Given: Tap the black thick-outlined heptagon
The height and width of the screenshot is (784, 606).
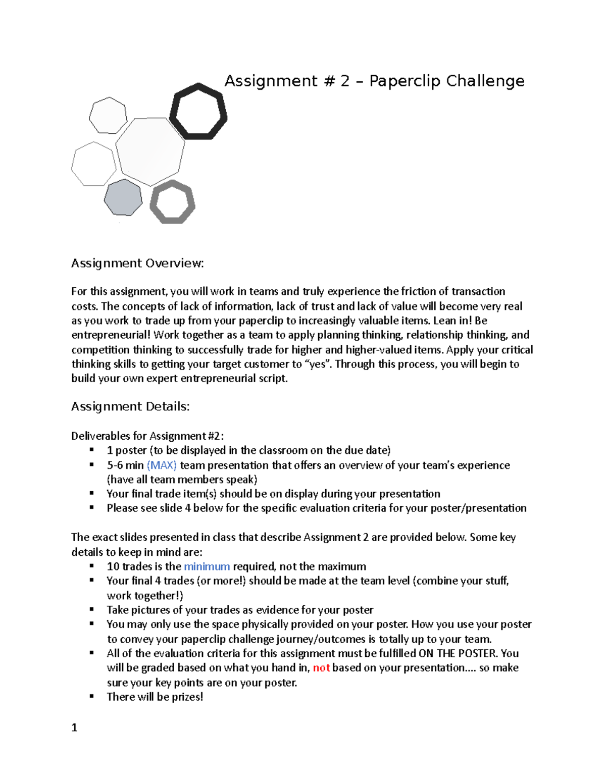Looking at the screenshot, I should tap(198, 112).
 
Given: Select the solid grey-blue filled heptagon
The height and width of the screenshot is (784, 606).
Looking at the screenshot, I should tap(123, 197).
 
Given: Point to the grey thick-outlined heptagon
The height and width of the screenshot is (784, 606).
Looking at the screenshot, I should tap(173, 202).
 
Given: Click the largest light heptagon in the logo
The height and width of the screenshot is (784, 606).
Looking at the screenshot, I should tap(150, 150).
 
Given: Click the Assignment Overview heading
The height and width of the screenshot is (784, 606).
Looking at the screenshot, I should tap(137, 264).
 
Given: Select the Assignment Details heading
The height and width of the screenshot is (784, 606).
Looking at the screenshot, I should tap(130, 407).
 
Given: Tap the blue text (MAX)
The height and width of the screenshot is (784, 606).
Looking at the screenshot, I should tap(162, 465).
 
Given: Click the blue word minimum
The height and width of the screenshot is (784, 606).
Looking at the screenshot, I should tap(207, 566).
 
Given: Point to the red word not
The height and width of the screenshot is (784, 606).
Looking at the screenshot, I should tap(321, 668).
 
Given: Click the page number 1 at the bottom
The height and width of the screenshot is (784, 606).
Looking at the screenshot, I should tap(74, 727).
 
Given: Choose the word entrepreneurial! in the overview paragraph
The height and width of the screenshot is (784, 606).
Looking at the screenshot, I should tap(111, 335).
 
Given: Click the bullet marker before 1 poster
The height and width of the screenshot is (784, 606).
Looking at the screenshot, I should tap(92, 450).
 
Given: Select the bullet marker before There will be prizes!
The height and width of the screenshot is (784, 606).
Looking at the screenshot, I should tap(92, 696).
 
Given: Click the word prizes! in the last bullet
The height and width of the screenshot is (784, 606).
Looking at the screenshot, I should tap(187, 697).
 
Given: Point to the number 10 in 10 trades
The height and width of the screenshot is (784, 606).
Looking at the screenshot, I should tap(113, 566).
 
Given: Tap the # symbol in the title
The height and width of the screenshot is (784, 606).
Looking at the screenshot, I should tap(329, 81).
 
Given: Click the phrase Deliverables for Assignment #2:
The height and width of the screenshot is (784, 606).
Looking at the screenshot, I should tap(147, 436).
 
